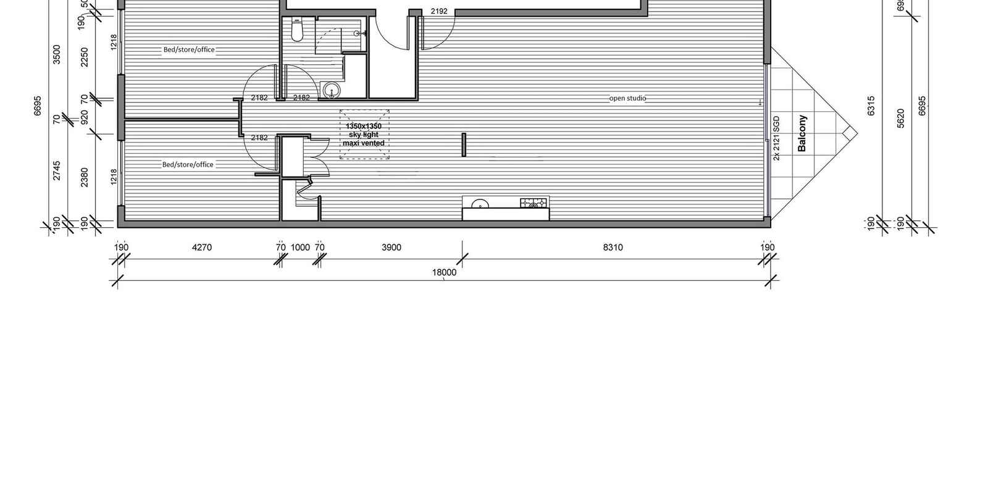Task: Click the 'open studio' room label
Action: (x=627, y=98)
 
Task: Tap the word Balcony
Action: (x=802, y=133)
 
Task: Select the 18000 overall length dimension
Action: (x=444, y=272)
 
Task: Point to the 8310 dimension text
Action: (x=613, y=248)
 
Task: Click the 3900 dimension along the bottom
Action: (x=391, y=248)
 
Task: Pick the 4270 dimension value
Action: (x=202, y=248)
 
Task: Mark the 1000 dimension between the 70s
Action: (x=300, y=248)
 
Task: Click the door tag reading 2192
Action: (x=439, y=11)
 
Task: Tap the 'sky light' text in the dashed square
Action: (x=364, y=135)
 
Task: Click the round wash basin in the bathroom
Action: (x=332, y=91)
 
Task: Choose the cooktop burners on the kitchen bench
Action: (x=534, y=203)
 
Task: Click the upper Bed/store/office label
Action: (x=189, y=50)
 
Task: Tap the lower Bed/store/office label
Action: (x=188, y=165)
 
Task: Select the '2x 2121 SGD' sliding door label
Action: (x=777, y=138)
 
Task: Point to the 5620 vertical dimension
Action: (x=900, y=118)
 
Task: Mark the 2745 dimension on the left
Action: (x=57, y=170)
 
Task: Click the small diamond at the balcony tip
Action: (x=850, y=133)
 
